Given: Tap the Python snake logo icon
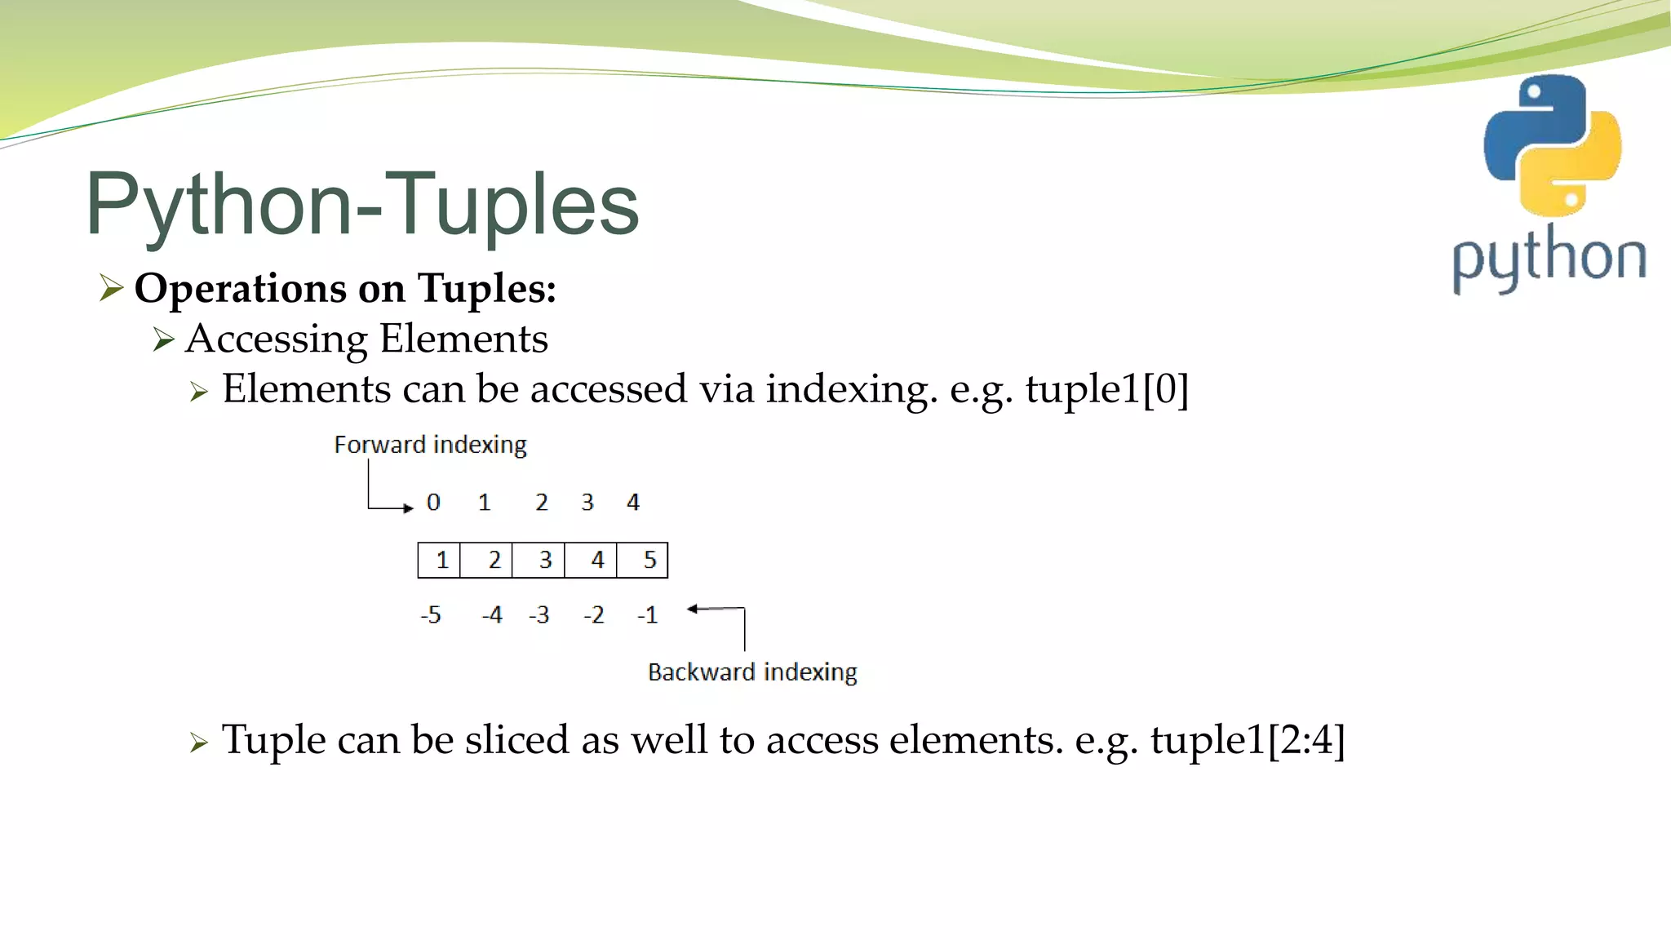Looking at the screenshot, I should [x=1552, y=145].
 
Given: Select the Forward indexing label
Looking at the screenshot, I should [x=430, y=445].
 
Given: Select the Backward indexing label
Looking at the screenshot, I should [x=752, y=672].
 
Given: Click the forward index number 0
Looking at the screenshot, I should [x=433, y=503].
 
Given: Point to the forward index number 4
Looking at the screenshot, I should [x=633, y=503].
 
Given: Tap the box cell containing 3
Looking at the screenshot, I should [x=539, y=561].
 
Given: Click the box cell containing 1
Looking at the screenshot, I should [x=440, y=561].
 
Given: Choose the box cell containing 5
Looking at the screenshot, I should [x=643, y=561].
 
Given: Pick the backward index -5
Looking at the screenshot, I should [x=431, y=615].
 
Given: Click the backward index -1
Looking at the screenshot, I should [x=648, y=615].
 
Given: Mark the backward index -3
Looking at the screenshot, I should [x=539, y=615].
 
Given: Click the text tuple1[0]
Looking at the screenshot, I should [x=1107, y=389].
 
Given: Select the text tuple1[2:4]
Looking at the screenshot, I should [x=1248, y=740].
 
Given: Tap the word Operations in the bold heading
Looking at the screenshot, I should [x=241, y=289].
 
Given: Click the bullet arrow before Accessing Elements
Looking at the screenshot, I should [x=164, y=339].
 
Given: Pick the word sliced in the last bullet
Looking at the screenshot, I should [x=516, y=740].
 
